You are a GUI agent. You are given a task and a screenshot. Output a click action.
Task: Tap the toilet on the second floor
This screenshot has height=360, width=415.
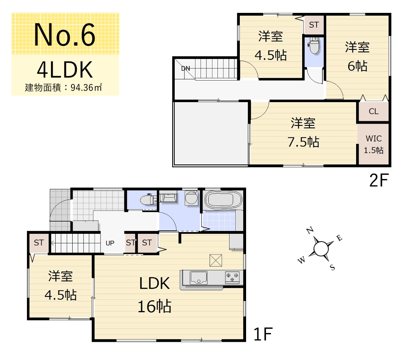coord(314,46)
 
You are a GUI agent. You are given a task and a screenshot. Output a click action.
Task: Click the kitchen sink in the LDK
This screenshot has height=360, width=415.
coord(198,277)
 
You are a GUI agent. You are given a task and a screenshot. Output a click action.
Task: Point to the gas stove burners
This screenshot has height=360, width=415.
coord(232,277)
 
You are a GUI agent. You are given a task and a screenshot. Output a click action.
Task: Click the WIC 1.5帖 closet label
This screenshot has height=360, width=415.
coord(373,144)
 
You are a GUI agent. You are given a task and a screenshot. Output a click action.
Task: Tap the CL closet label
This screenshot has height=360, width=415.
coord(373,112)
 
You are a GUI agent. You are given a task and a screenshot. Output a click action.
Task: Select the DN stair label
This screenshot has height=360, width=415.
coord(186,69)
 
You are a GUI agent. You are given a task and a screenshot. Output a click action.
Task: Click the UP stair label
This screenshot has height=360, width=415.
coord(110,243)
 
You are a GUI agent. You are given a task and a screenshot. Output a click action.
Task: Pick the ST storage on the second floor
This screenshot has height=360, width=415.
coord(314,25)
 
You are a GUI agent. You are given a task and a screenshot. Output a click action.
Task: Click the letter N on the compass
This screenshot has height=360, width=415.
coord(310,230)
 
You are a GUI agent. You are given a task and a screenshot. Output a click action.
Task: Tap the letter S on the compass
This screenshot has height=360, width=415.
coord(332,267)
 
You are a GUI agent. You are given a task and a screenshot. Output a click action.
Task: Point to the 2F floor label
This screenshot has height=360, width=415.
coord(379,180)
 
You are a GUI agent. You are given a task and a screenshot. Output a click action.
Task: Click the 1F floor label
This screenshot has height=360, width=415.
coord(263,334)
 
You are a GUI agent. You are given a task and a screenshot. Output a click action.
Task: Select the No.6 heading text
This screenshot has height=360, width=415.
coord(65,35)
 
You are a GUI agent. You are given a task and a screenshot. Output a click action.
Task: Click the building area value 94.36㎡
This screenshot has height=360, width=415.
coord(86,88)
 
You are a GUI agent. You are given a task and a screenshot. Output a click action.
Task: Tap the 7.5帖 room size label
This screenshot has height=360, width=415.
coord(303,142)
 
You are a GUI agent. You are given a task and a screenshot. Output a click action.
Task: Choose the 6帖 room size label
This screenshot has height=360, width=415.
coord(357,66)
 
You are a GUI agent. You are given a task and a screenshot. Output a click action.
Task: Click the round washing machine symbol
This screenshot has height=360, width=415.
coord(191,198)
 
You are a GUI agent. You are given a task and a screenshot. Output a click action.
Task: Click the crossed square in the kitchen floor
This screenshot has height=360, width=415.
coord(216,260)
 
